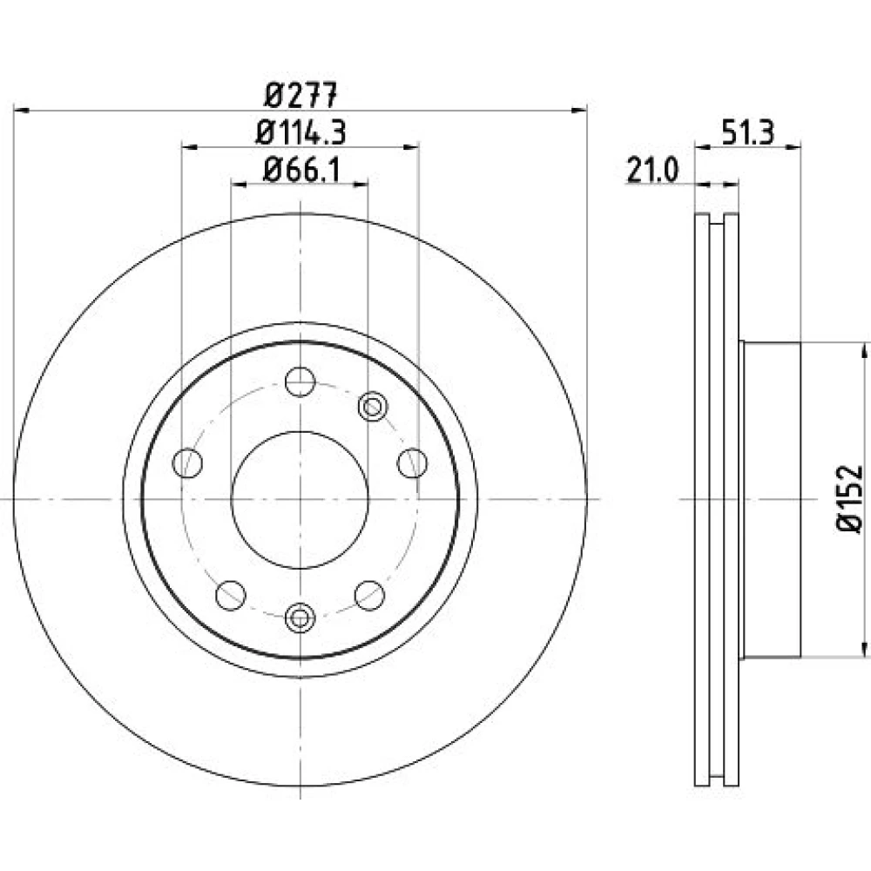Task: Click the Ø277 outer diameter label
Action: click(301, 95)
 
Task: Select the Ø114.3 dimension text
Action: click(301, 132)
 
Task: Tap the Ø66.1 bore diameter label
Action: click(301, 170)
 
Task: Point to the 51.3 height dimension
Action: click(747, 132)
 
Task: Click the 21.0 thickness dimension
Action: click(652, 170)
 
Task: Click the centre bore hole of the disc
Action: click(300, 500)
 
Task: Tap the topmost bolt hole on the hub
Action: click(300, 381)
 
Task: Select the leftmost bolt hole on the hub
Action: click(187, 463)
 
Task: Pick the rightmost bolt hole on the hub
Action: click(412, 463)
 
